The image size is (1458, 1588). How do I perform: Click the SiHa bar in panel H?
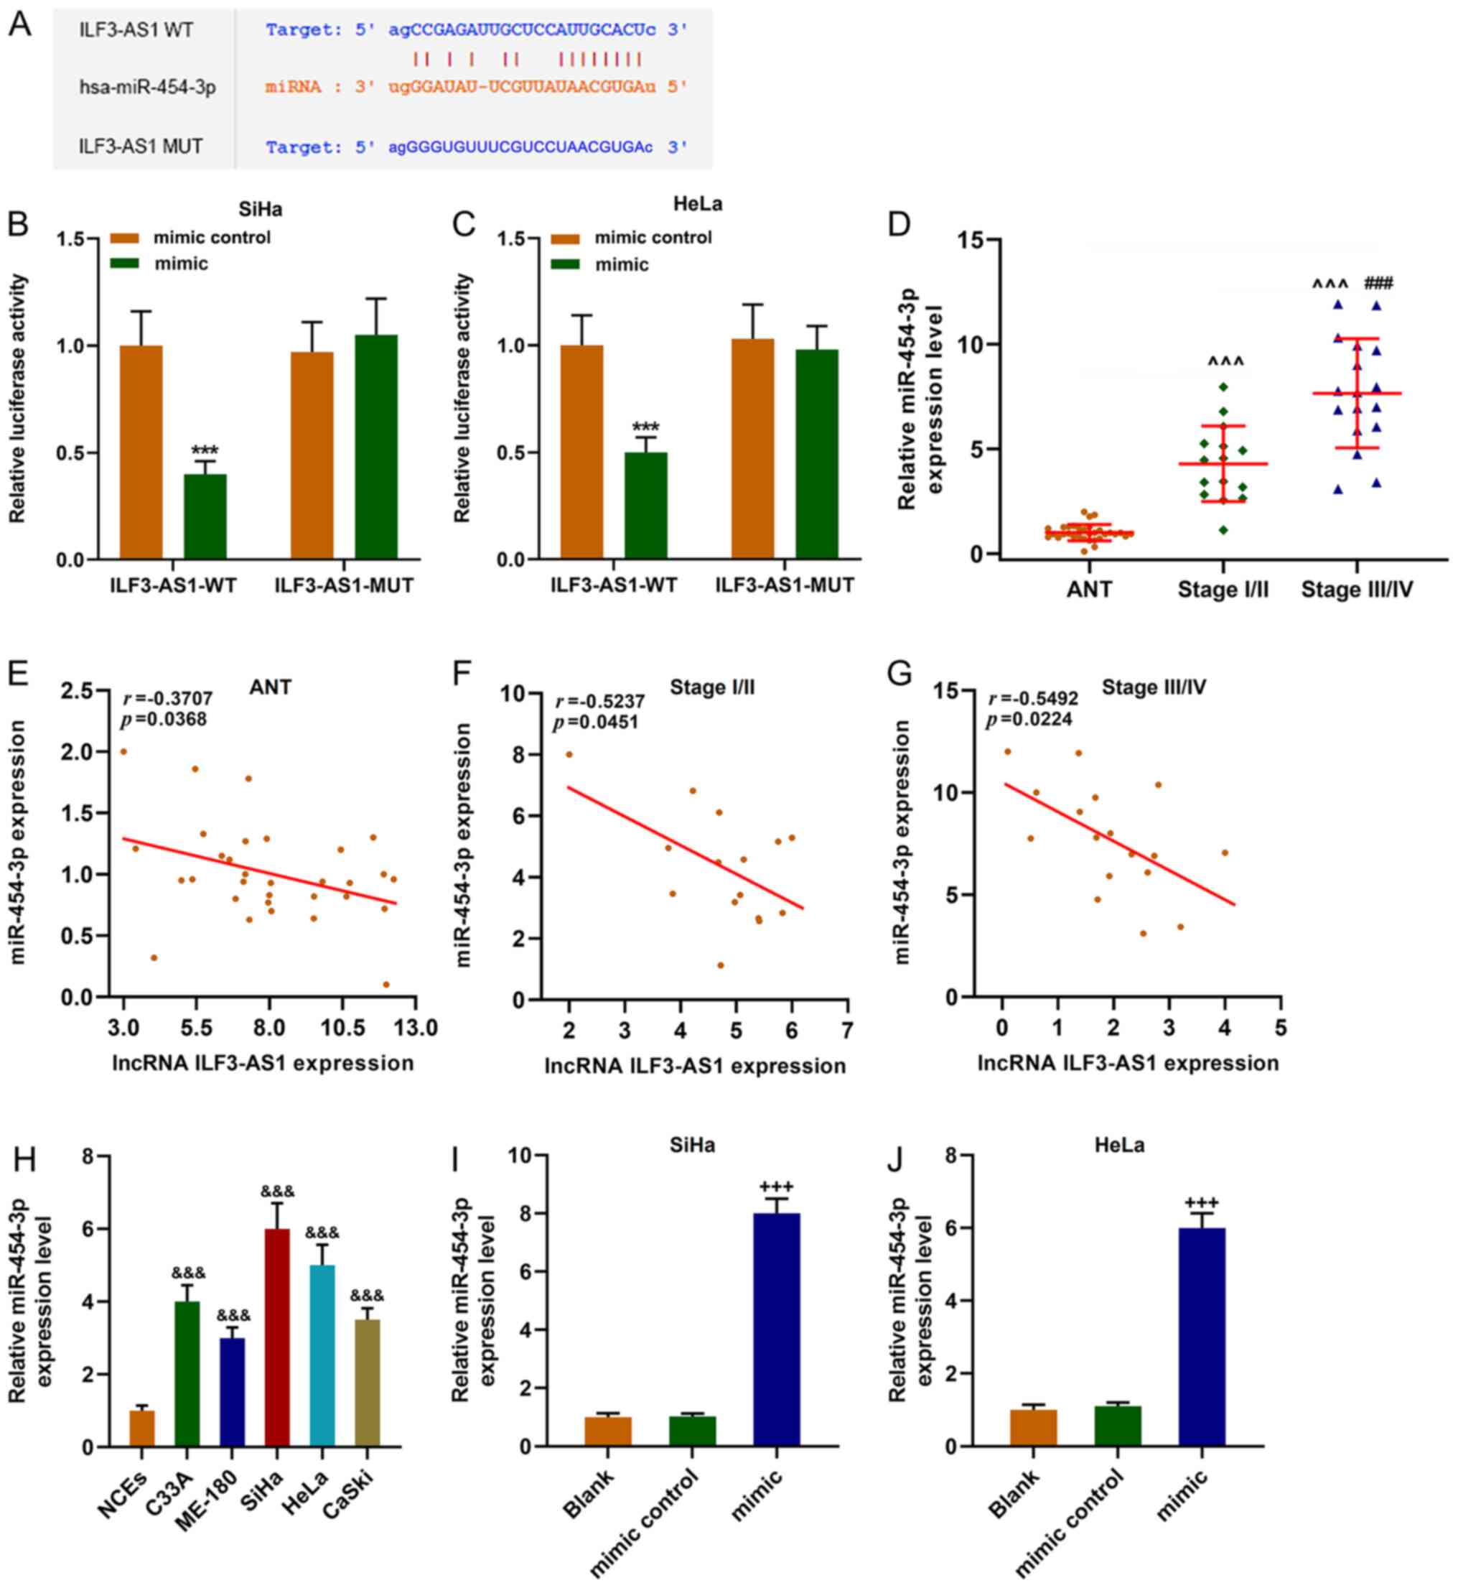[x=277, y=1337]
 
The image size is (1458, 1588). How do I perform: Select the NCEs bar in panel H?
[x=143, y=1428]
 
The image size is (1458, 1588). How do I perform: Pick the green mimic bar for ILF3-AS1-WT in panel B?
[x=205, y=517]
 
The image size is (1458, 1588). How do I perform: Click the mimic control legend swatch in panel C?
[x=565, y=238]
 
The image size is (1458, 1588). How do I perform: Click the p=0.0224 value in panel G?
[x=1029, y=719]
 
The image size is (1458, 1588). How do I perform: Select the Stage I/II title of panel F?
[x=711, y=687]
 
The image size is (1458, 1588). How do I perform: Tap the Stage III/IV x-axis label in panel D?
[x=1356, y=590]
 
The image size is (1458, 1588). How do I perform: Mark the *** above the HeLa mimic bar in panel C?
[x=645, y=429]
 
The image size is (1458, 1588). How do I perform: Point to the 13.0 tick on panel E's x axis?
[x=416, y=1027]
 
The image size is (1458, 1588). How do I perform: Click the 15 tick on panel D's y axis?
[x=973, y=239]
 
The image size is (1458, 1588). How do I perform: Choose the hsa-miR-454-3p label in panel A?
[x=148, y=87]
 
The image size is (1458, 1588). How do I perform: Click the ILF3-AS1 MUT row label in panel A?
[x=141, y=147]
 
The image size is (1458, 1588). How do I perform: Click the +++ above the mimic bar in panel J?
[x=1201, y=1203]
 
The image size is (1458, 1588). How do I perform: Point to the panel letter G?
[x=899, y=673]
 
